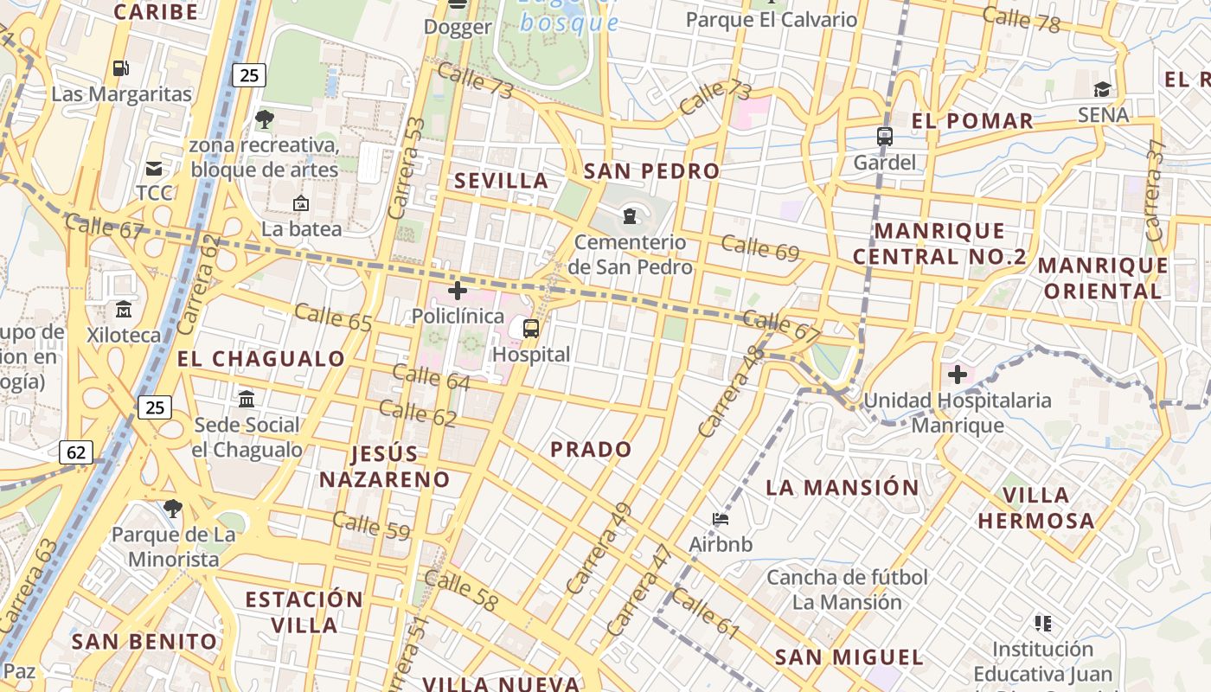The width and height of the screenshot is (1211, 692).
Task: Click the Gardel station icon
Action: pyautogui.click(x=884, y=137)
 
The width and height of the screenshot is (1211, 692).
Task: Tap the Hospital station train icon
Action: pyautogui.click(x=531, y=329)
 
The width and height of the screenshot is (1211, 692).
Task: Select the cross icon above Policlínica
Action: pyautogui.click(x=457, y=291)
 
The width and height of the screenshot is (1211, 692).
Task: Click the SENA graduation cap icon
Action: pyautogui.click(x=1102, y=89)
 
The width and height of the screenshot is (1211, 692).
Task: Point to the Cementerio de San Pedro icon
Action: pyautogui.click(x=630, y=215)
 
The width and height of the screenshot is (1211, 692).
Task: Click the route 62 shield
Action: pyautogui.click(x=76, y=452)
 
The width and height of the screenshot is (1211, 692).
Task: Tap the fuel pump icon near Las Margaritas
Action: pyautogui.click(x=120, y=67)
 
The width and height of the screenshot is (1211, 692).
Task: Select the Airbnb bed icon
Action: pyautogui.click(x=721, y=519)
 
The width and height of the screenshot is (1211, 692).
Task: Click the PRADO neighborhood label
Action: pyautogui.click(x=592, y=450)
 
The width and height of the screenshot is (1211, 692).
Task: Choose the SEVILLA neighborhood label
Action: pyautogui.click(x=502, y=181)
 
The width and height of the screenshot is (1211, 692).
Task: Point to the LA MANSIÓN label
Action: pyautogui.click(x=843, y=488)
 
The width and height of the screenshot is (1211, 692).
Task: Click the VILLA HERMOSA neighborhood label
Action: pyautogui.click(x=1036, y=508)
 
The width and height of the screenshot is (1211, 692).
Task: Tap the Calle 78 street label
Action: pyautogui.click(x=1021, y=18)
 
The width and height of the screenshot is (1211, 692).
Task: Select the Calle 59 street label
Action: pyautogui.click(x=370, y=526)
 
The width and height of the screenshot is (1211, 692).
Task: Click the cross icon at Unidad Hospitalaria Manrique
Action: pyautogui.click(x=957, y=375)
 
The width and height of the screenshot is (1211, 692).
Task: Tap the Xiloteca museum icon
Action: pyautogui.click(x=124, y=309)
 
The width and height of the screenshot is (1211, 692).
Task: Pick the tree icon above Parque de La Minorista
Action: pyautogui.click(x=173, y=509)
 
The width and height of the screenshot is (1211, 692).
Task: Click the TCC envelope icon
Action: pyautogui.click(x=154, y=168)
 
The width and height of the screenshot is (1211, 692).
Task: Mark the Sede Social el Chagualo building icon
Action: pyautogui.click(x=247, y=399)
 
